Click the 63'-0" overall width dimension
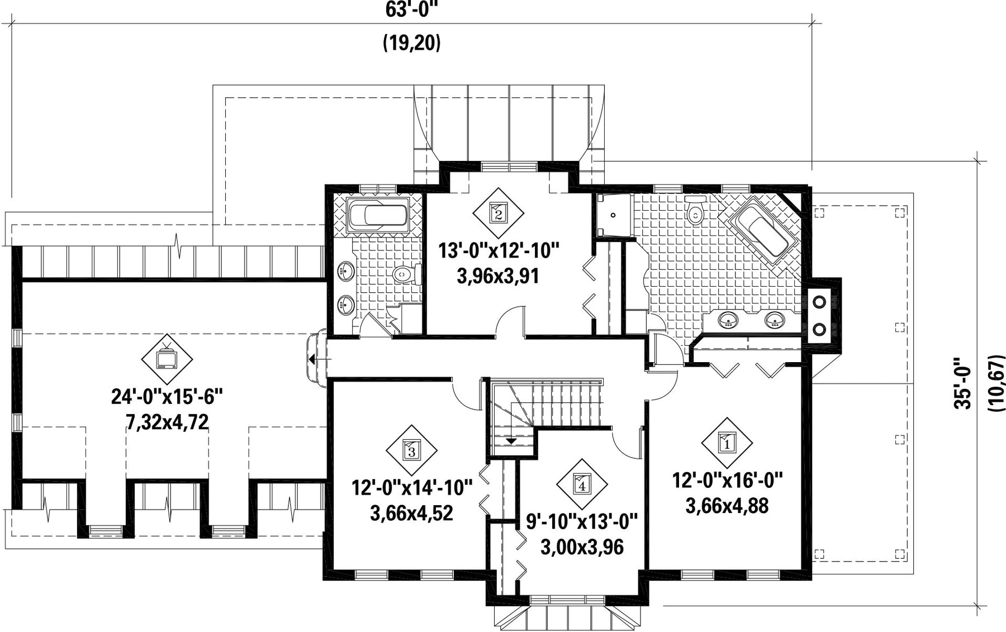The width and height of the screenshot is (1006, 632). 412,9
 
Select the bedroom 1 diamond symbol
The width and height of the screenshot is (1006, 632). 727,443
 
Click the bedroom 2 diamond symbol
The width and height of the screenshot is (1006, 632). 498,212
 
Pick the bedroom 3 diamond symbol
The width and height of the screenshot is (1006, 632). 411,450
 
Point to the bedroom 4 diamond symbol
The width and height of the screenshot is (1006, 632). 582,484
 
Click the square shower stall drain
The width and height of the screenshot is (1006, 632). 613,215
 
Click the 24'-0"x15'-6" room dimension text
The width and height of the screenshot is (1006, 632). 167,397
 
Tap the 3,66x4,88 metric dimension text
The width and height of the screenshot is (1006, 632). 727,506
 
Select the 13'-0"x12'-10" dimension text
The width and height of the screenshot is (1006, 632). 499,250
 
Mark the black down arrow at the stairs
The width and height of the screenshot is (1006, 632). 511,441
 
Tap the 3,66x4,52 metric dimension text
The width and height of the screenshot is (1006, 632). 411,513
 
